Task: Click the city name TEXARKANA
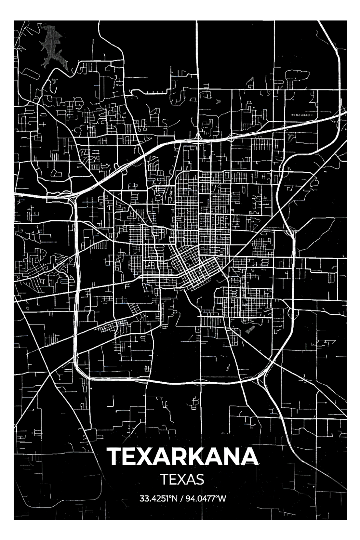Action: tap(182, 457)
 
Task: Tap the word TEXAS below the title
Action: tap(182, 479)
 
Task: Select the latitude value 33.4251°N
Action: tap(158, 498)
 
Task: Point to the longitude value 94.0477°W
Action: tap(206, 498)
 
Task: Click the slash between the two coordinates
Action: tap(182, 498)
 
